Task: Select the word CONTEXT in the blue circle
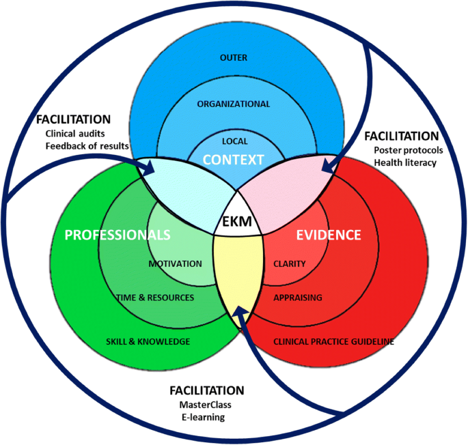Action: [x=234, y=160]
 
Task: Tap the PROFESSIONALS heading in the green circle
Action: [x=117, y=235]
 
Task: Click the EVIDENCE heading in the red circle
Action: [x=328, y=235]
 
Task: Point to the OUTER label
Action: [x=234, y=58]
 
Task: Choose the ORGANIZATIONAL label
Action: [x=234, y=104]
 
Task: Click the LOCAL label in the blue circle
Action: [x=234, y=141]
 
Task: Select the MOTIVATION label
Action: [x=175, y=263]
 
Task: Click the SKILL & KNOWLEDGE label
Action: [x=148, y=341]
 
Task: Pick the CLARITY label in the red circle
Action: [x=289, y=263]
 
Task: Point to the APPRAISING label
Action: [x=297, y=298]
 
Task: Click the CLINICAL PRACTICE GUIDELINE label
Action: [x=333, y=341]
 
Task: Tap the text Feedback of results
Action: [x=87, y=147]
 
